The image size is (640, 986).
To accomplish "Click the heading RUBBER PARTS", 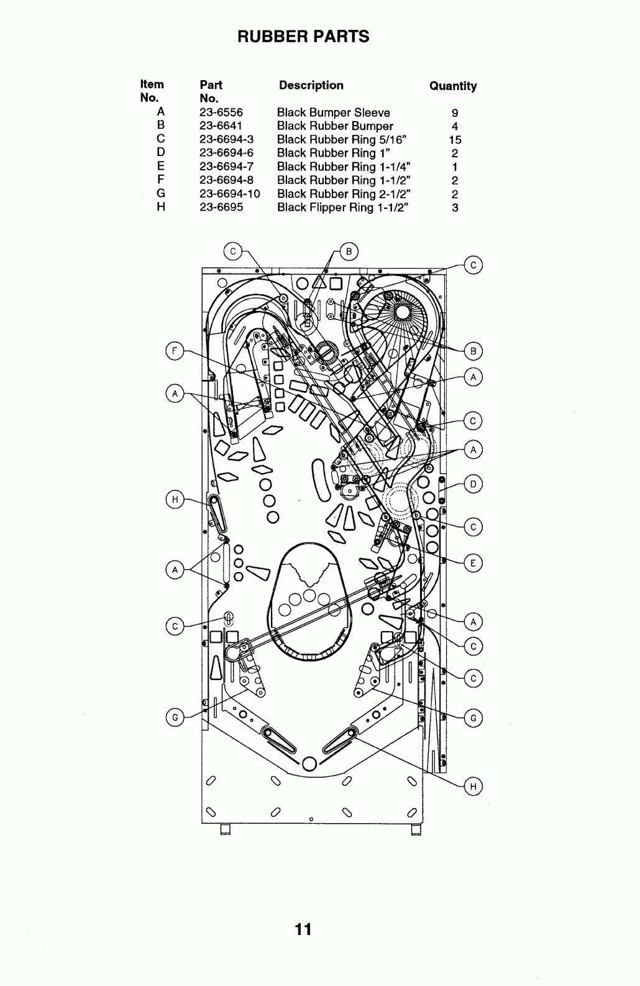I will (303, 36).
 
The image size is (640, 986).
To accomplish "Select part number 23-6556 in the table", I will (221, 113).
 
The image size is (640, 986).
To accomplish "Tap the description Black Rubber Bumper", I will (335, 126).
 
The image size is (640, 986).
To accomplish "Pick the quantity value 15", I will (455, 140).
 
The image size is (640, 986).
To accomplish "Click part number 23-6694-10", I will (229, 194).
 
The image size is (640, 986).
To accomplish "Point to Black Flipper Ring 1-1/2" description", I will (342, 208).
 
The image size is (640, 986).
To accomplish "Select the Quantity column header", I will (453, 86).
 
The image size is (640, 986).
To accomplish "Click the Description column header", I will (311, 86).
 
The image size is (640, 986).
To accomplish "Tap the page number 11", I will (303, 929).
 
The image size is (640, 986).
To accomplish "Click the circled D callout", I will (473, 484).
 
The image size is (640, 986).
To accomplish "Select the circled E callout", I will (473, 563).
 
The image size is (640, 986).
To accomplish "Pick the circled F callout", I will (175, 351).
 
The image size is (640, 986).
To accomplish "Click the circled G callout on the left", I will (175, 717).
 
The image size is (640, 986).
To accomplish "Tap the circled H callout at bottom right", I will (473, 786).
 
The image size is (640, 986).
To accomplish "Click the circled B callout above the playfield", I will (349, 252).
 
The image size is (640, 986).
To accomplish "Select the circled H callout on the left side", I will (175, 500).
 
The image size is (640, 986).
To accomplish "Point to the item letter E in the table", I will (161, 167).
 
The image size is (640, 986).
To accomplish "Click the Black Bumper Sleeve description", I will (333, 113).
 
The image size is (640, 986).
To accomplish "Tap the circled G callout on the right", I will (473, 718).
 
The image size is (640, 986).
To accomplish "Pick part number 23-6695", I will (221, 208).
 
